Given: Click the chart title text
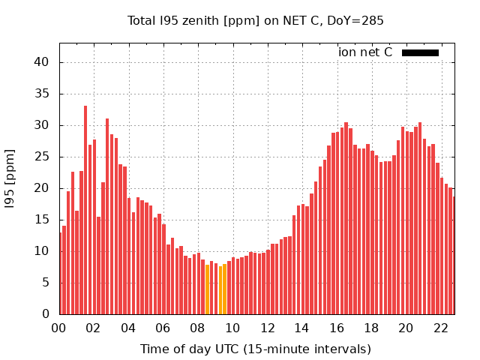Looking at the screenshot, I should point(255,20).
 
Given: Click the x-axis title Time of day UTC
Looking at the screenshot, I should point(255,349).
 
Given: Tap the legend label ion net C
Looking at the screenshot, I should point(365,52).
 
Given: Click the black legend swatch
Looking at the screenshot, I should point(420,52).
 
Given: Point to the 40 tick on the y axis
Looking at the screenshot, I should point(43,62).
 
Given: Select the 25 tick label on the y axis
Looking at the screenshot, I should point(43,157).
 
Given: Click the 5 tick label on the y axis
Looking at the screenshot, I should point(46,283).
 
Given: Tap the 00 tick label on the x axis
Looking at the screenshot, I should point(58,328).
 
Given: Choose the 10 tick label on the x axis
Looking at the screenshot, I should point(232,328).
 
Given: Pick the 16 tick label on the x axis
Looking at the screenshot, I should point(337,328).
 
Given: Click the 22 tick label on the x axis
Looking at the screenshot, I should point(441,328).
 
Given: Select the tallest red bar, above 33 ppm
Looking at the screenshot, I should point(85,210).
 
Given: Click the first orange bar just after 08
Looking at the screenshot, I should point(207,289).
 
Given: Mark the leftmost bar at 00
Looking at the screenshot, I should point(60,273).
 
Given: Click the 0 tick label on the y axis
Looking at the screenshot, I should point(46,314).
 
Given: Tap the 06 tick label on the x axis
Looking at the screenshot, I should point(163,328).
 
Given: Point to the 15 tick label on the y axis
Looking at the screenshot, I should point(43,220).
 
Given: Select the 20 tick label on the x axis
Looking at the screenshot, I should point(406,328).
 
